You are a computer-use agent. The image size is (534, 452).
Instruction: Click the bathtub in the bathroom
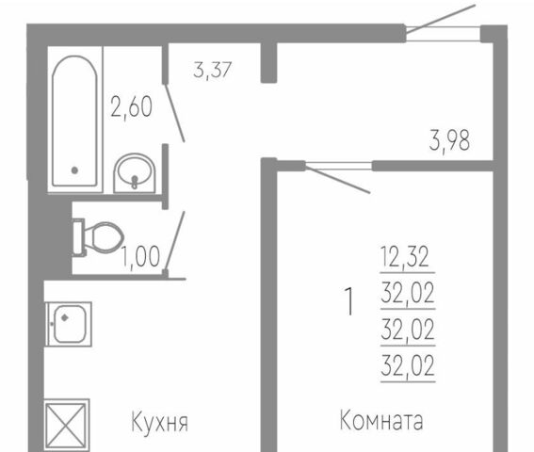tap(74, 121)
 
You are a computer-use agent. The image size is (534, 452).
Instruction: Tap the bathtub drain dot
tap(74, 169)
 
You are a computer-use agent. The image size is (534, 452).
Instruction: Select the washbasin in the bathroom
tap(135, 173)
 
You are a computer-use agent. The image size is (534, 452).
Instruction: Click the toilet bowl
tap(98, 237)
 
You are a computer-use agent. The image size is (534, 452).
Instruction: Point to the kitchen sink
tap(69, 324)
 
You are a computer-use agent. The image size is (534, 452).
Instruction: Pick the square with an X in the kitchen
tap(67, 425)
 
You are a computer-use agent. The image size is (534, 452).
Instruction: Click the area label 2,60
tap(132, 107)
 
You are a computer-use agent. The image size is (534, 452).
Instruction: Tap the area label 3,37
tap(213, 70)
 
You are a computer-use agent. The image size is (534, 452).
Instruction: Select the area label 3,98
tap(449, 140)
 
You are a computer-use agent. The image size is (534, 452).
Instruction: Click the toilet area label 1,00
tap(141, 256)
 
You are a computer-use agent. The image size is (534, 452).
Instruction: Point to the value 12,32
tap(405, 257)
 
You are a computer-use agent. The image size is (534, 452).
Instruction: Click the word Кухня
tap(160, 423)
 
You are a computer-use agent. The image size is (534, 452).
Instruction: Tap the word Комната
tap(381, 420)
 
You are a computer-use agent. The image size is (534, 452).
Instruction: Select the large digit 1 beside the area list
tap(349, 301)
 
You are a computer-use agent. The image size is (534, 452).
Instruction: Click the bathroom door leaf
tap(175, 112)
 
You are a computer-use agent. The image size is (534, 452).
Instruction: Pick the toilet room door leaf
tap(175, 241)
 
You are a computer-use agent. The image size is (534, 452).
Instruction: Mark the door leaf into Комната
tap(338, 179)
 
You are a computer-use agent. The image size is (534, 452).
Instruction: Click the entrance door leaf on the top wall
tap(441, 19)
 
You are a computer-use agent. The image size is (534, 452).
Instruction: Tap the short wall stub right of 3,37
tap(268, 63)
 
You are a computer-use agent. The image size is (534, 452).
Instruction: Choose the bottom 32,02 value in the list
tap(408, 365)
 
